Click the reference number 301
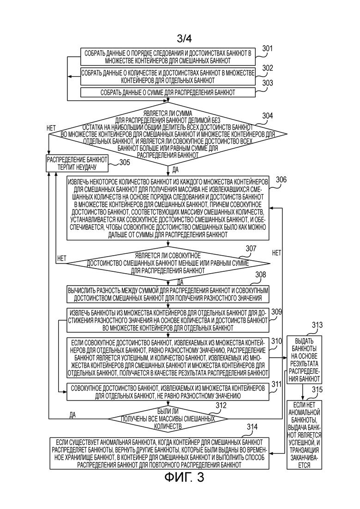coord(267,49)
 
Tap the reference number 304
coord(268,116)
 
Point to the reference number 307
coord(251,249)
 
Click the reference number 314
coord(252,427)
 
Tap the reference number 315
coord(317,389)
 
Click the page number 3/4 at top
coord(184,39)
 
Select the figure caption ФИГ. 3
coord(184,477)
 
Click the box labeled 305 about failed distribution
coord(77,163)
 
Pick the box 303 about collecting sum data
coord(168,92)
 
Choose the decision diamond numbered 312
coord(168,419)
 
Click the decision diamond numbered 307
coord(168,263)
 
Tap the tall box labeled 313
coord(304,359)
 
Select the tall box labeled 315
coord(304,435)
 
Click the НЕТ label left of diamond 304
coord(51,128)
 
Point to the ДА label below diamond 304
coord(176,169)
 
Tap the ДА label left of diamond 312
coord(72,415)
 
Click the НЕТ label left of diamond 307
coord(62,258)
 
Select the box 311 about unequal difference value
coord(168,392)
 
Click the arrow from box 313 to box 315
coord(303,392)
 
